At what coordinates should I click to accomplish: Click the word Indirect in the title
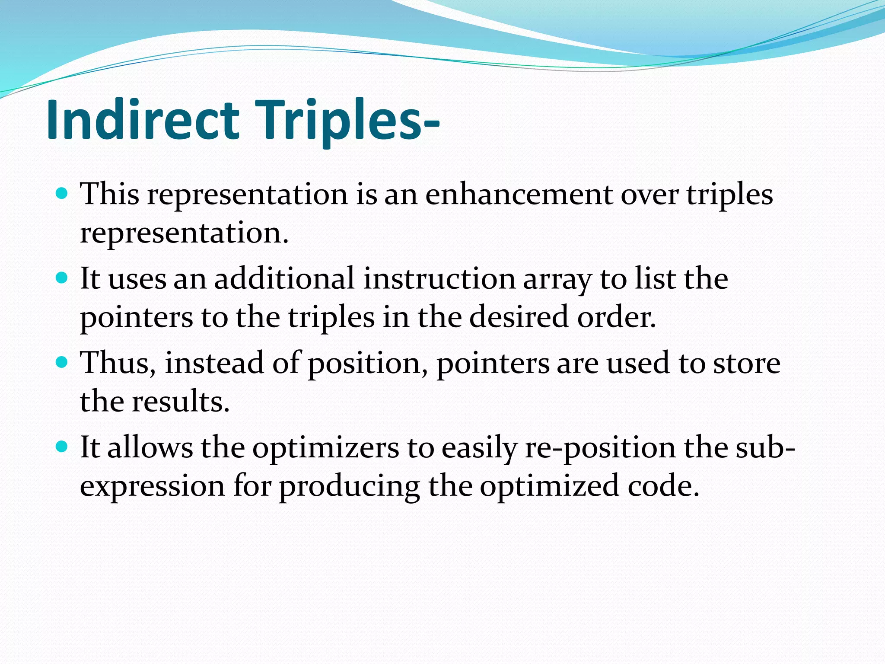[143, 120]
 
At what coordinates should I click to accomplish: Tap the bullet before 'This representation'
[62, 193]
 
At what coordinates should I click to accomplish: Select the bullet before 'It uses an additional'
[62, 278]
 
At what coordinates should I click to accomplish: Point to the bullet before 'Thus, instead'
[62, 362]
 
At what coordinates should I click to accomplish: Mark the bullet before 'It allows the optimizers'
[62, 446]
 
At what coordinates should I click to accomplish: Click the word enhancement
[519, 195]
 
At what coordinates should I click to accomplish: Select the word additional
[284, 279]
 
